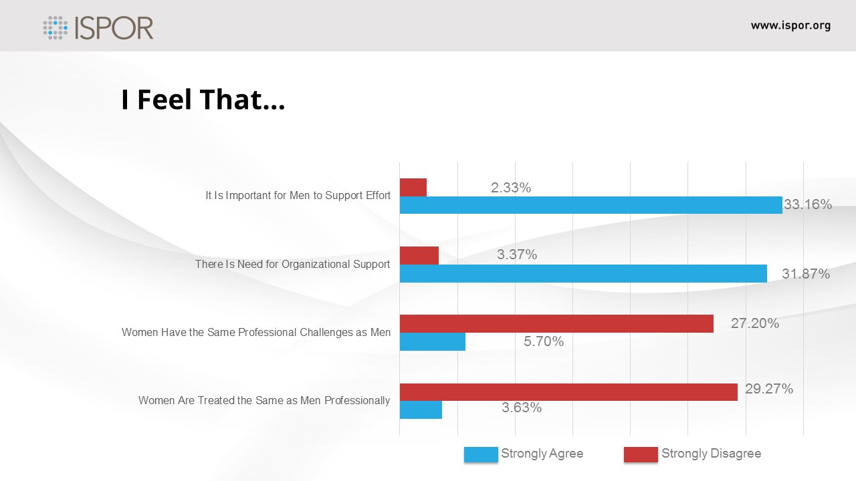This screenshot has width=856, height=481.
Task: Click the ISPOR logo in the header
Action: click(x=98, y=27)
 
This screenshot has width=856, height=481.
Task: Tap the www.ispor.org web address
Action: click(x=790, y=26)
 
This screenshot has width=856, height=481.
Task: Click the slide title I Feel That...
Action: click(x=203, y=100)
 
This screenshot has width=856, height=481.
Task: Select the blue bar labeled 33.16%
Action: click(x=591, y=205)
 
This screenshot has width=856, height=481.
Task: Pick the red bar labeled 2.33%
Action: click(x=413, y=188)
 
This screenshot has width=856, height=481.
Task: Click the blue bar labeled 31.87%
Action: click(x=583, y=273)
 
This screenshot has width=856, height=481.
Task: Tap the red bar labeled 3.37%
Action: click(x=419, y=255)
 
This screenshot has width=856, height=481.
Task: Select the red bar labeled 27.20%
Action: click(x=556, y=323)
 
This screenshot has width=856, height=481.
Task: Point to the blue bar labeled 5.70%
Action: click(x=433, y=341)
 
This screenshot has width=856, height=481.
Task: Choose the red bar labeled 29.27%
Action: click(x=568, y=392)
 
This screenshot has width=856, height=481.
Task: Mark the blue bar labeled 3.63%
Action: click(x=421, y=410)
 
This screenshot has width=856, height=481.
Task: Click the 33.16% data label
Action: click(x=808, y=204)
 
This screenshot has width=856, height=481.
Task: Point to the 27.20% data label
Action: click(x=755, y=323)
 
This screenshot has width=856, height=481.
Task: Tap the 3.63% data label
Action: click(x=522, y=407)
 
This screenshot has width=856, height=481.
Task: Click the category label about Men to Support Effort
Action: click(x=298, y=196)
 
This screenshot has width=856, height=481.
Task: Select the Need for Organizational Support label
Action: click(x=292, y=264)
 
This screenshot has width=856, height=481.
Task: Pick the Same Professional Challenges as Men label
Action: click(x=256, y=332)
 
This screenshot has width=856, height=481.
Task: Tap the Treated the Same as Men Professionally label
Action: click(x=264, y=400)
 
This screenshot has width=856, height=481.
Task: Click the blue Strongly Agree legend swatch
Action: click(x=481, y=454)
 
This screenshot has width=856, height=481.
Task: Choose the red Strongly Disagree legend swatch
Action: click(x=641, y=454)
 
